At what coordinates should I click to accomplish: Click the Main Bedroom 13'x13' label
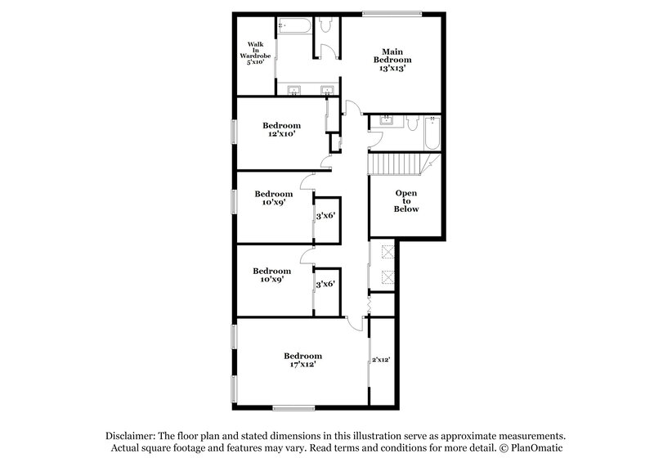392,60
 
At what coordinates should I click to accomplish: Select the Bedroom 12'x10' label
281,129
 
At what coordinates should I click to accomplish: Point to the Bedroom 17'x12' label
302,360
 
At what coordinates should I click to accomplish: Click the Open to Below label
406,201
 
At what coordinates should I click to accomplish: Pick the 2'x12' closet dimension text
382,360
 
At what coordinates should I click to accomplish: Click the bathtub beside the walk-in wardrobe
294,26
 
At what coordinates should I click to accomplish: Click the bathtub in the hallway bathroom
432,132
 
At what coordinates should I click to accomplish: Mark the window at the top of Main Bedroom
392,13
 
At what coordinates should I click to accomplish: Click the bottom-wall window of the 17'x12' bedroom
294,406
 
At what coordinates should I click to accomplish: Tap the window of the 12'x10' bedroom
235,132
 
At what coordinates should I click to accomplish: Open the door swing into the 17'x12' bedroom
355,323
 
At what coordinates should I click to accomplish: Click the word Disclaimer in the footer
130,436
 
